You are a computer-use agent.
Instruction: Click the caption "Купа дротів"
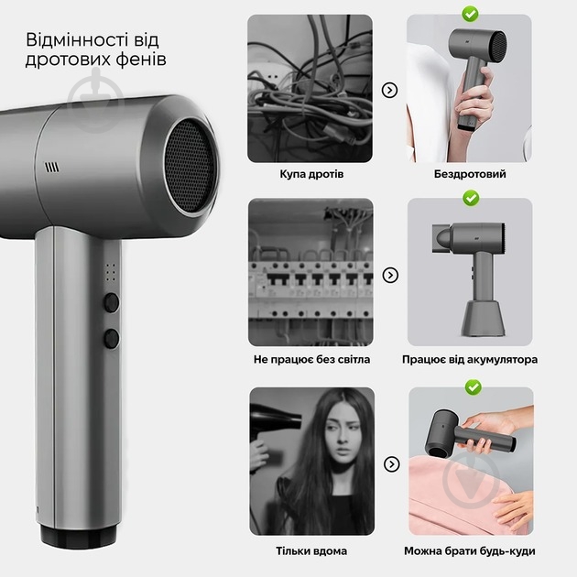pyautogui.click(x=311, y=174)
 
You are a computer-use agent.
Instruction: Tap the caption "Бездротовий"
pyautogui.click(x=470, y=174)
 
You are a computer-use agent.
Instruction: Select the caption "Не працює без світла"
pyautogui.click(x=311, y=360)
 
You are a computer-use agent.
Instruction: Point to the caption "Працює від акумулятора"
pyautogui.click(x=470, y=360)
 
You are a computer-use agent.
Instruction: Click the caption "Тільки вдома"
pyautogui.click(x=311, y=550)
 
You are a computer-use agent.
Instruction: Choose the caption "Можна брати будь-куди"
pyautogui.click(x=470, y=550)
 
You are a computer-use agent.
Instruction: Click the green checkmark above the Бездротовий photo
pyautogui.click(x=470, y=14)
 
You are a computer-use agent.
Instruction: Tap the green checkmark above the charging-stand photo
pyautogui.click(x=471, y=198)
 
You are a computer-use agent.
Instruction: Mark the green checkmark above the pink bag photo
pyautogui.click(x=474, y=387)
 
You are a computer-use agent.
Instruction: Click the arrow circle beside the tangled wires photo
pyautogui.click(x=389, y=90)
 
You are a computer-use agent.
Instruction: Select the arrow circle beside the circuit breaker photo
pyautogui.click(x=390, y=275)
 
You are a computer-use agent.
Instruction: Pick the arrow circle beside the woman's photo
pyautogui.click(x=392, y=464)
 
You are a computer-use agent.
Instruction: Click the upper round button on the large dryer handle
pyautogui.click(x=111, y=302)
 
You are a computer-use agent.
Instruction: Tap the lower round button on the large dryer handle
pyautogui.click(x=112, y=339)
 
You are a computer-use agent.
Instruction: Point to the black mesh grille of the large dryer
pyautogui.click(x=190, y=166)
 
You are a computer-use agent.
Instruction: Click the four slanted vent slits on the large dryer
pyautogui.click(x=52, y=168)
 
